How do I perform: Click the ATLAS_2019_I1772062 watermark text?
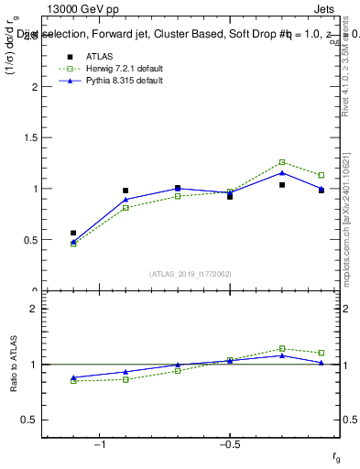191,273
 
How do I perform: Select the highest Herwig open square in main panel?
282,162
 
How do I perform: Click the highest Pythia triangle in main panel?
282,172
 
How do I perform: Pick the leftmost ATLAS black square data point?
73,233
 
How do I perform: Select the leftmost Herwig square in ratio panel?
73,381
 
